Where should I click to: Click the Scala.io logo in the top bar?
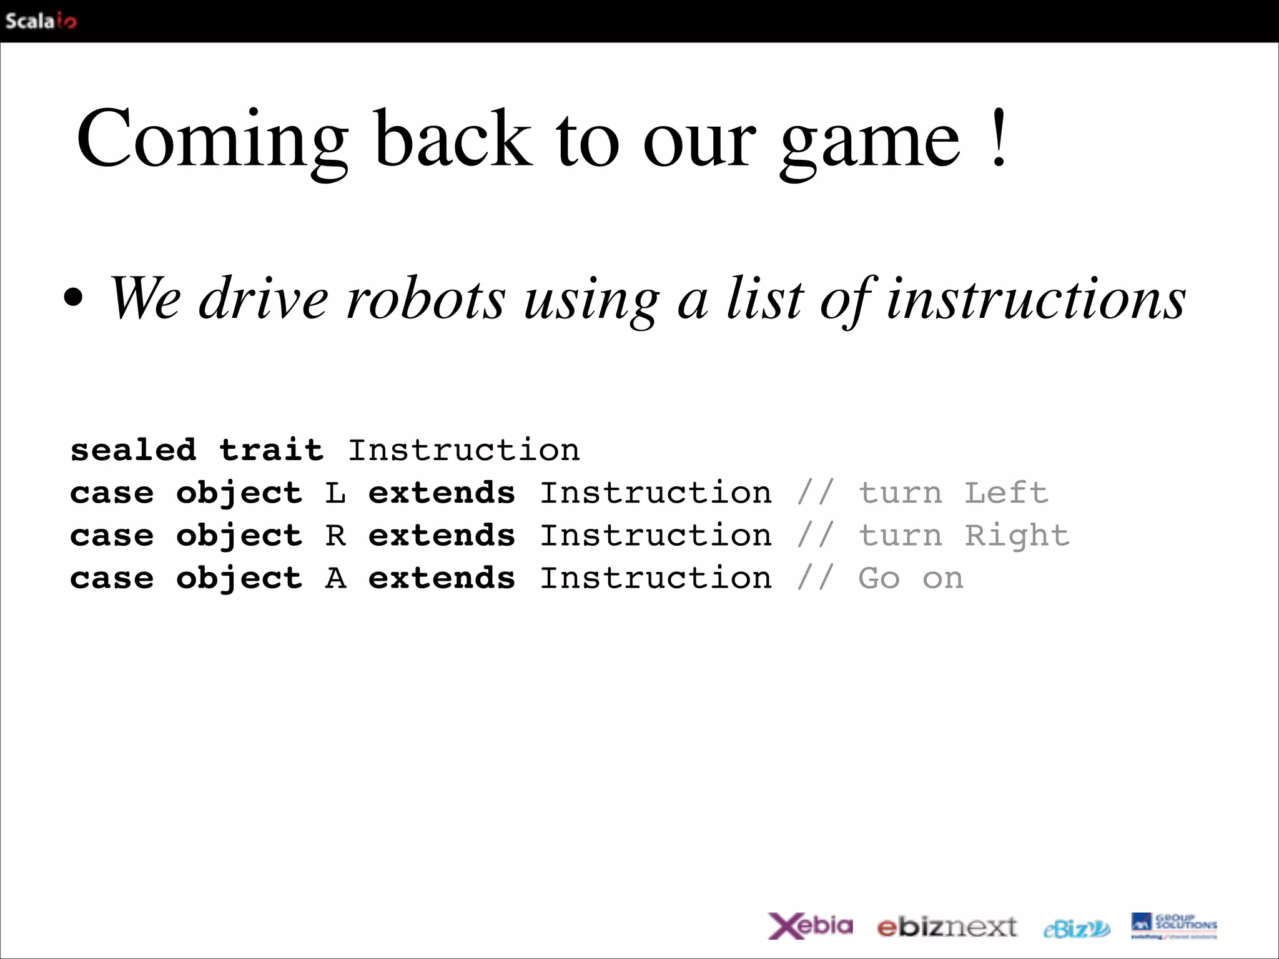(x=41, y=21)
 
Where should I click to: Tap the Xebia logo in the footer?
(x=810, y=925)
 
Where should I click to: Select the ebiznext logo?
(x=947, y=927)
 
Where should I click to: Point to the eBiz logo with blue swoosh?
(x=1077, y=929)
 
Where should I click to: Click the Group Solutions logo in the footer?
(x=1173, y=925)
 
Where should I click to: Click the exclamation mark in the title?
(x=999, y=138)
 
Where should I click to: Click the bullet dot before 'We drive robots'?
(x=73, y=298)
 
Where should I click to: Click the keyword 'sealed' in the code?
(x=133, y=450)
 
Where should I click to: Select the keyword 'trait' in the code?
(x=271, y=450)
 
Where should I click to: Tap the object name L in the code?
(x=335, y=493)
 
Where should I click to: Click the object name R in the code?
(x=335, y=535)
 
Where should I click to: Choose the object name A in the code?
(x=335, y=578)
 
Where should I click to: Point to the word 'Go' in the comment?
(x=879, y=578)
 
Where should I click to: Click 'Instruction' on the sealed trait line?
(x=463, y=450)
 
